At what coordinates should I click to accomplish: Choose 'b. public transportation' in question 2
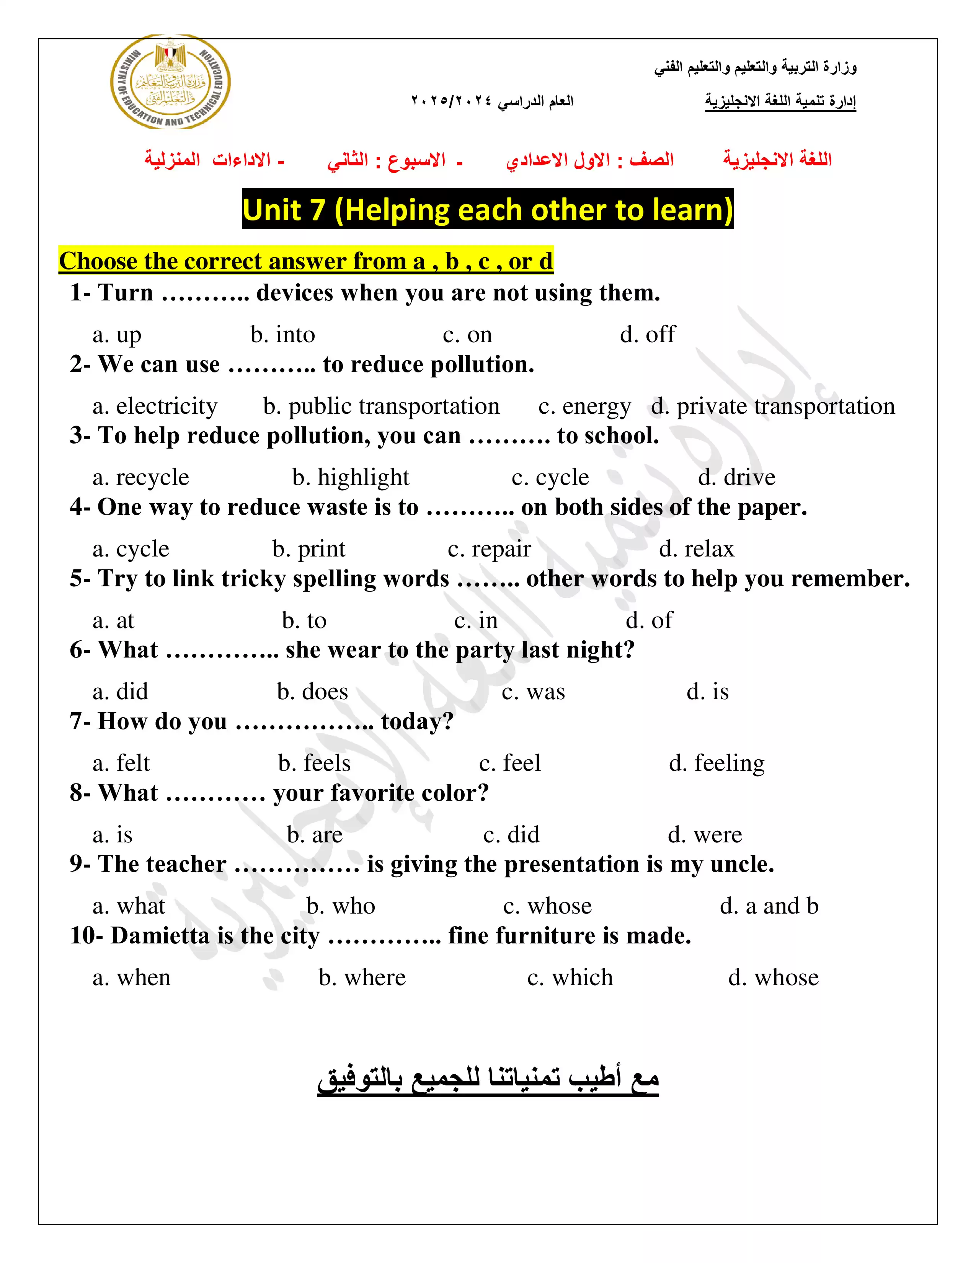tap(381, 406)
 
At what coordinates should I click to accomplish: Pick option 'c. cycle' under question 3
tap(550, 478)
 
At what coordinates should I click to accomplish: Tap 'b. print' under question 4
tap(309, 549)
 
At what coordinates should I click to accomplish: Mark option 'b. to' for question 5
tap(304, 620)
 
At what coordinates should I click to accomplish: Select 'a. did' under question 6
tap(120, 692)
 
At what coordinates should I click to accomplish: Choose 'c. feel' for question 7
tap(509, 764)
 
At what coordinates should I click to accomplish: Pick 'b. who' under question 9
tap(341, 906)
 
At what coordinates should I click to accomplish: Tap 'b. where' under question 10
tap(362, 978)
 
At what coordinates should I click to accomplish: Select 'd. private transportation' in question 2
tap(772, 406)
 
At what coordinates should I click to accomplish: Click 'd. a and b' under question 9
tap(769, 906)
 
